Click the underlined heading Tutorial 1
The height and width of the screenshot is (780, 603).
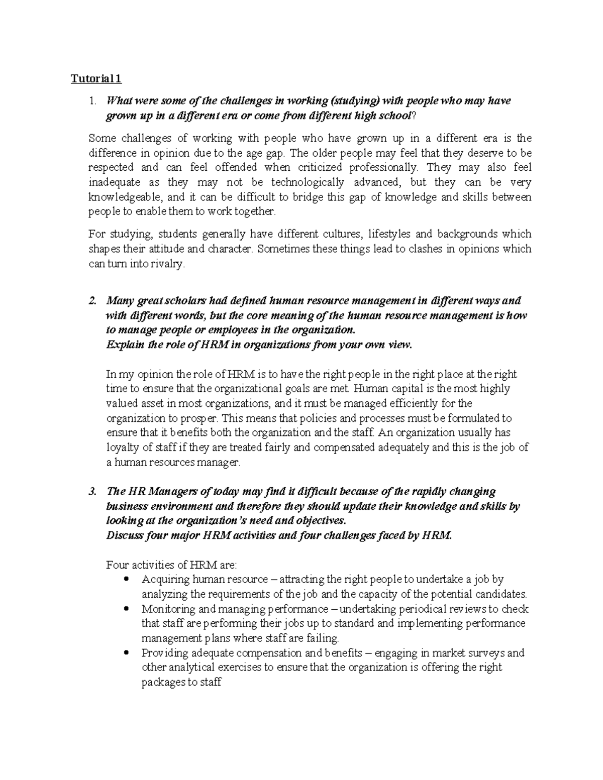(x=95, y=79)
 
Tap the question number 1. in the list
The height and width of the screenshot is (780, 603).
(x=91, y=101)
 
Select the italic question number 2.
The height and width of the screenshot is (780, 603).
(x=91, y=301)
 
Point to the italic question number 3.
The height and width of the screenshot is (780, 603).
(x=91, y=491)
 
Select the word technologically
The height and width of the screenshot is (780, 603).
(x=308, y=182)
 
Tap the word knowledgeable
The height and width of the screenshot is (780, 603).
(x=124, y=197)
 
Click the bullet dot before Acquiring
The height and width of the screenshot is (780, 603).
(x=126, y=579)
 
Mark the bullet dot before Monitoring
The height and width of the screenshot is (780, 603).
(x=126, y=609)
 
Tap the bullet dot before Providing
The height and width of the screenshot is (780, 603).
(x=126, y=653)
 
